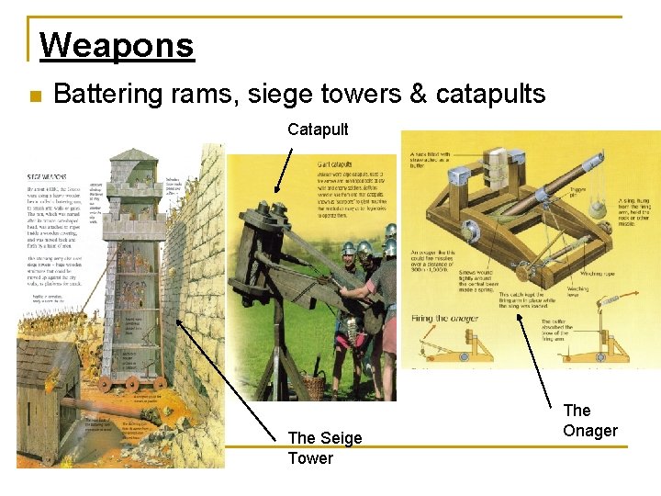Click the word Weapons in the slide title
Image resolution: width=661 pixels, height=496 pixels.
pos(117,45)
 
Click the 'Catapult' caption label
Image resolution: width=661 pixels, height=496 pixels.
pos(318,130)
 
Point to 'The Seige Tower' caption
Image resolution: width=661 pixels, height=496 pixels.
pos(324,448)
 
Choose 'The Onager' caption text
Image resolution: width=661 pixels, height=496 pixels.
pos(590,421)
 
